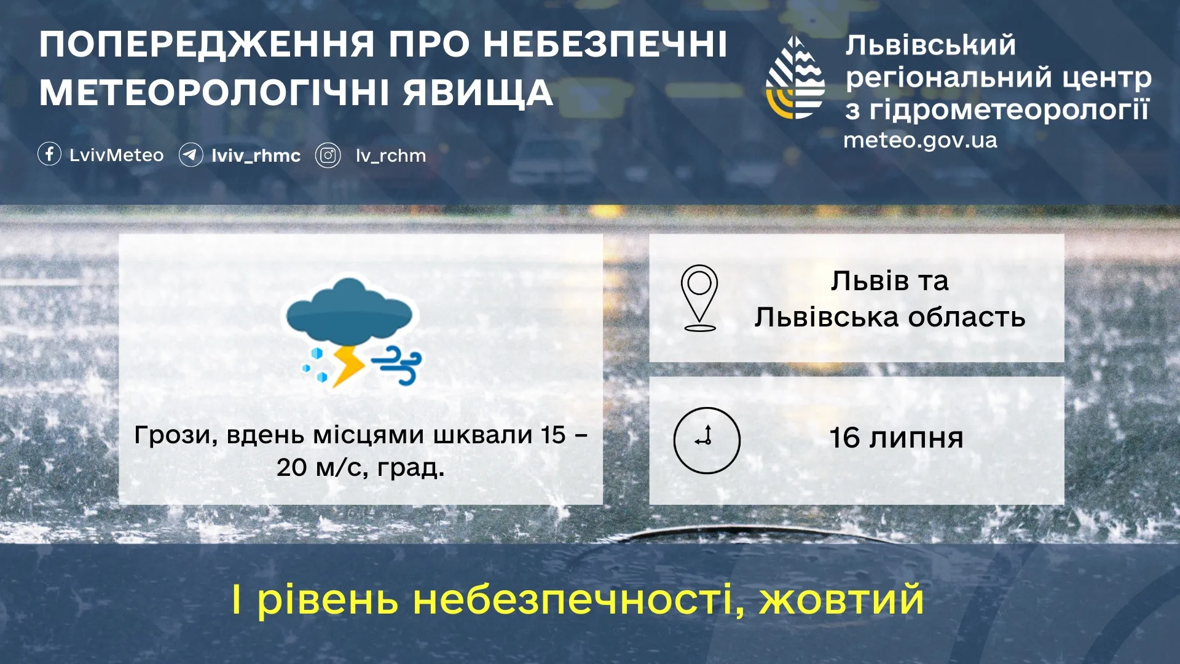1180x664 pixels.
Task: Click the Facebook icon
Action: coord(49,154)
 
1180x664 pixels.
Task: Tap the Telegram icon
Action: coord(191,155)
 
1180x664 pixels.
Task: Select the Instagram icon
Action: coord(328,156)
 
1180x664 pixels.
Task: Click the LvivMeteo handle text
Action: coord(116,155)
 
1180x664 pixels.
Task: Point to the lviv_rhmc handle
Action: coord(256,156)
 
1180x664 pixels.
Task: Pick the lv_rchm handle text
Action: coord(391,156)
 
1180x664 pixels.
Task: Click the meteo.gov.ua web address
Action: coord(920,140)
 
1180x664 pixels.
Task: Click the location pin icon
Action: coord(699,298)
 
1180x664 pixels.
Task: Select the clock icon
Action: coord(707,440)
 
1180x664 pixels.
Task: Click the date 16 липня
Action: coord(896,438)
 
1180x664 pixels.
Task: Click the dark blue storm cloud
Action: coord(349,310)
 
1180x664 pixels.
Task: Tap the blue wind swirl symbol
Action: coord(399,365)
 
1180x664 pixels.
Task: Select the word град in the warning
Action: coord(410,468)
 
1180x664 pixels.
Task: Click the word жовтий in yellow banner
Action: coord(841,599)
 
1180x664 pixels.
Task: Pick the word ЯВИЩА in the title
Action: coord(478,93)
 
